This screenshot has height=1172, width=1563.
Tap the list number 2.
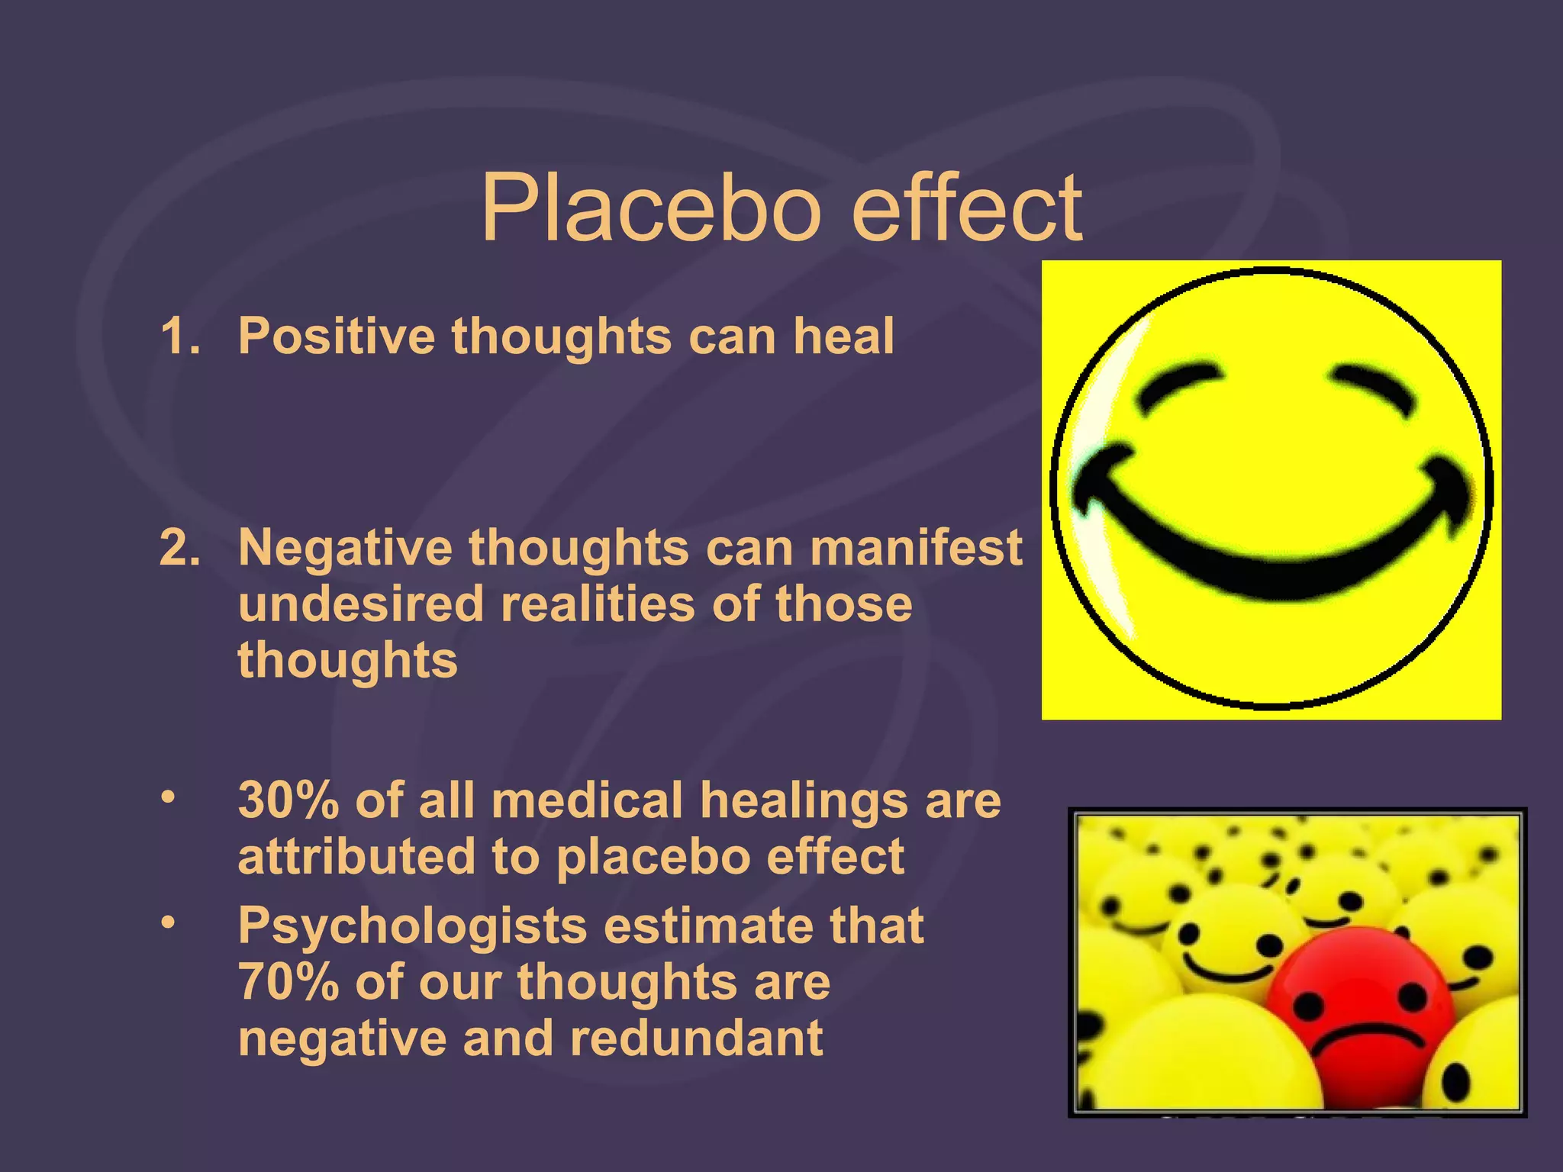point(180,548)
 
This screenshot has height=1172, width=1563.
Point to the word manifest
point(916,548)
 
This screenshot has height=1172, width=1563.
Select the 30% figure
point(288,801)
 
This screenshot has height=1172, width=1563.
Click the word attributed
point(355,856)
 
